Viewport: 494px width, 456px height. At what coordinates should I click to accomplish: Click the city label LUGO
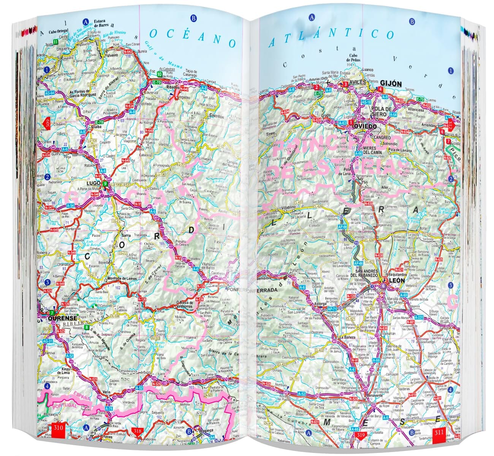pos(93,183)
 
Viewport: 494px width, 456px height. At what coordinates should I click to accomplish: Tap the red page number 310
pos(58,428)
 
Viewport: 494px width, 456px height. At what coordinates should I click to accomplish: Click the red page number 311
pos(439,432)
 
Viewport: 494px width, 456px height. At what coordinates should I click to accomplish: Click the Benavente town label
pos(370,395)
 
